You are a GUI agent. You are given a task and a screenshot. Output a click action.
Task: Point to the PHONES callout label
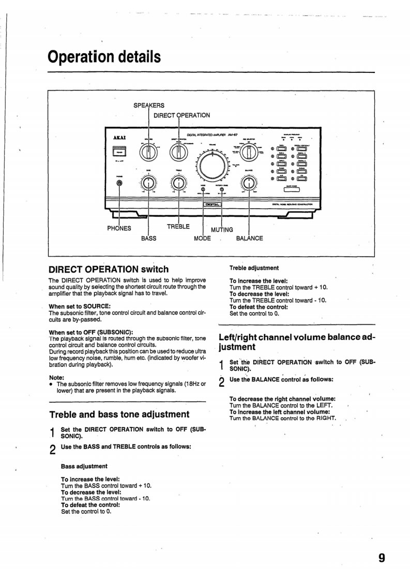pos(119,228)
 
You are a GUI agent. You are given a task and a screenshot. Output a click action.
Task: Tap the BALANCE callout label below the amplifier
pos(249,238)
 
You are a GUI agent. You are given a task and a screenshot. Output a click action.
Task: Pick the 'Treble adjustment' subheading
pos(254,268)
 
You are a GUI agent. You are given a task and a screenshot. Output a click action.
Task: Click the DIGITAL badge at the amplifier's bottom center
pos(212,205)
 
